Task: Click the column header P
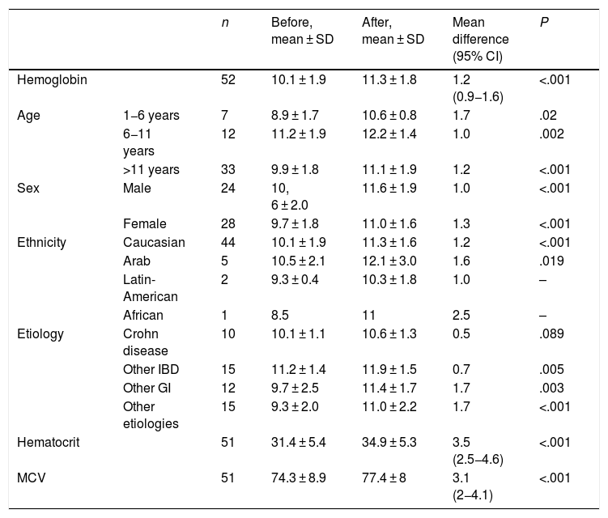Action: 544,23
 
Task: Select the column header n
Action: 225,23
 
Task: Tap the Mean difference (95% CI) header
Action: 480,40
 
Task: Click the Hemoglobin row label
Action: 52,80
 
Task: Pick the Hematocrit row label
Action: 48,443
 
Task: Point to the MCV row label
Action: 31,478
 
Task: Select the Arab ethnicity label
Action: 137,261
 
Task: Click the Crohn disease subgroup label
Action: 146,342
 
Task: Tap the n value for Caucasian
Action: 228,242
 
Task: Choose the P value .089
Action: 551,333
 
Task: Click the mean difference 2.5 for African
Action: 461,315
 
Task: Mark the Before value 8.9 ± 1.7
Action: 295,116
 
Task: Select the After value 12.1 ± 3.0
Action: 389,261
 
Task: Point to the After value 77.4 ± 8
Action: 384,478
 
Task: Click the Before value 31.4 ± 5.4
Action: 299,443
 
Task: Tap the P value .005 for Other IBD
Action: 551,370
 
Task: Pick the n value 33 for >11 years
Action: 228,170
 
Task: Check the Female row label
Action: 145,223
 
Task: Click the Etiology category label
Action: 40,334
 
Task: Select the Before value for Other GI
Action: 295,388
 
